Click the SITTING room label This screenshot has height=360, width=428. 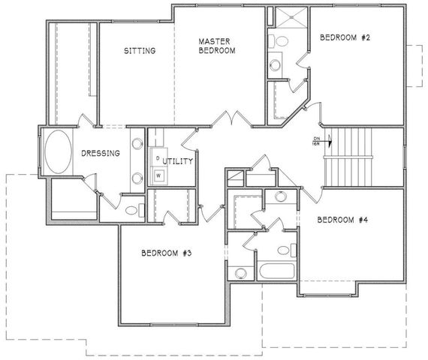coord(139,51)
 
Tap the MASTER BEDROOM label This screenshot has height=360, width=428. coord(217,46)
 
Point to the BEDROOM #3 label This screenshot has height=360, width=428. coord(167,253)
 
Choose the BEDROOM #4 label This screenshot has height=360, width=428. coord(342,220)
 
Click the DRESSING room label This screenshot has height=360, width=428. coord(101,153)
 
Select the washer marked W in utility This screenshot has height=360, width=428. coord(159,175)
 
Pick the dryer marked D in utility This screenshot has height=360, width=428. coord(158,158)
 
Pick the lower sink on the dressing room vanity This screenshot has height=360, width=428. coord(137,178)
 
